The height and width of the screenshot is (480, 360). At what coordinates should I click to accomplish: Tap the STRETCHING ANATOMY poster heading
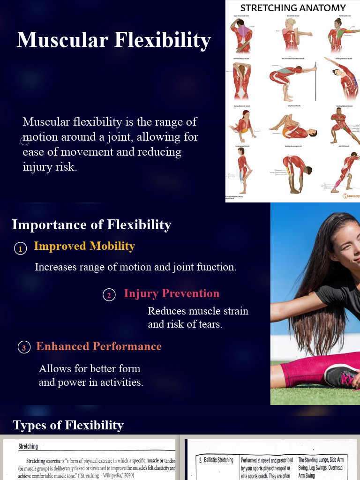(x=292, y=7)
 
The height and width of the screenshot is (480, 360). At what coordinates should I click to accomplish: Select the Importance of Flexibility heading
(x=91, y=225)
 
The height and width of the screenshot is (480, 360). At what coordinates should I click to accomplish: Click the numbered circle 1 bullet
(x=20, y=249)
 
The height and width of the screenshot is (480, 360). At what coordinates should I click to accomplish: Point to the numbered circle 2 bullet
(x=109, y=295)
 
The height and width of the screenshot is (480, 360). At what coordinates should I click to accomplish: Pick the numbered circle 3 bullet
(x=23, y=347)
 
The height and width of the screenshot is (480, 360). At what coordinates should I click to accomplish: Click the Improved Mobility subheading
(x=84, y=246)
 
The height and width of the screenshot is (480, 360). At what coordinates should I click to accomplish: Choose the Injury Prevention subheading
(x=172, y=293)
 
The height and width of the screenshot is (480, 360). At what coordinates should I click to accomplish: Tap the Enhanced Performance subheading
(x=99, y=346)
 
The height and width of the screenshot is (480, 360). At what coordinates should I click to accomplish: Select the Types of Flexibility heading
(x=68, y=425)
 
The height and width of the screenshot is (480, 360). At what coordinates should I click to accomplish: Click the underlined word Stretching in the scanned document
(x=28, y=447)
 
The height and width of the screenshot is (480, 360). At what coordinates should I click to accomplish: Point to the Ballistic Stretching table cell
(x=216, y=460)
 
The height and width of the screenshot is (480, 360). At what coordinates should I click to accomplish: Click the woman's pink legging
(x=305, y=370)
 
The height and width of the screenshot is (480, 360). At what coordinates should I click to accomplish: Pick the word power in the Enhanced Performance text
(x=72, y=382)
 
